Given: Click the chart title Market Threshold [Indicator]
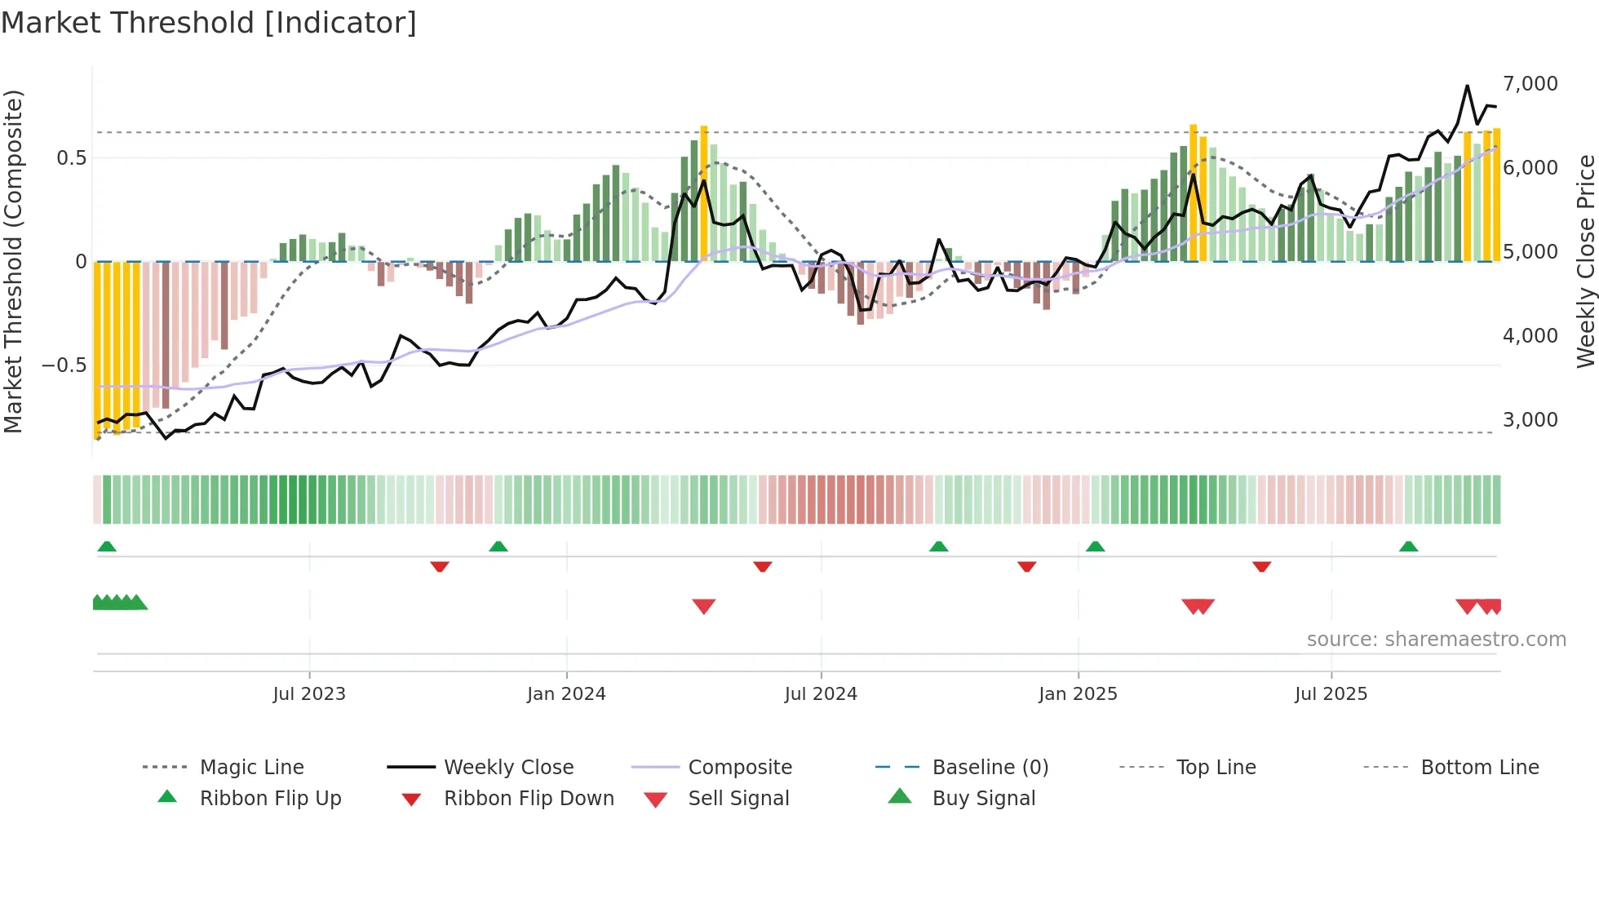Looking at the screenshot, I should (209, 23).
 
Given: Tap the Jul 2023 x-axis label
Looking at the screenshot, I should (309, 694).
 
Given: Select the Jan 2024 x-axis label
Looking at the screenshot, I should (566, 694).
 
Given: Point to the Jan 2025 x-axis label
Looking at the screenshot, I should (1078, 694).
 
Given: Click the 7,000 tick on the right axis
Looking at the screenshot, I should (1530, 84).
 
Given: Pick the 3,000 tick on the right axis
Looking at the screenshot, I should (1530, 420).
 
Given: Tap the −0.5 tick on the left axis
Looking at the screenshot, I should (64, 365).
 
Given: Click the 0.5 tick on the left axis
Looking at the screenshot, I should (71, 158).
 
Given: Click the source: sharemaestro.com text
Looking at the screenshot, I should (1436, 640).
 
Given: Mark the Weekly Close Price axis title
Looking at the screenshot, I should (1585, 261).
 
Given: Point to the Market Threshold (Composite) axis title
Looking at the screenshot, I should (13, 261).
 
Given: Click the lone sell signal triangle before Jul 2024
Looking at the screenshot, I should (704, 606).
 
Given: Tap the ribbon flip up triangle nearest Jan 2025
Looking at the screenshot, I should (1096, 546).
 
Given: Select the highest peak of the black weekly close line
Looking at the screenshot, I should (1467, 86).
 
